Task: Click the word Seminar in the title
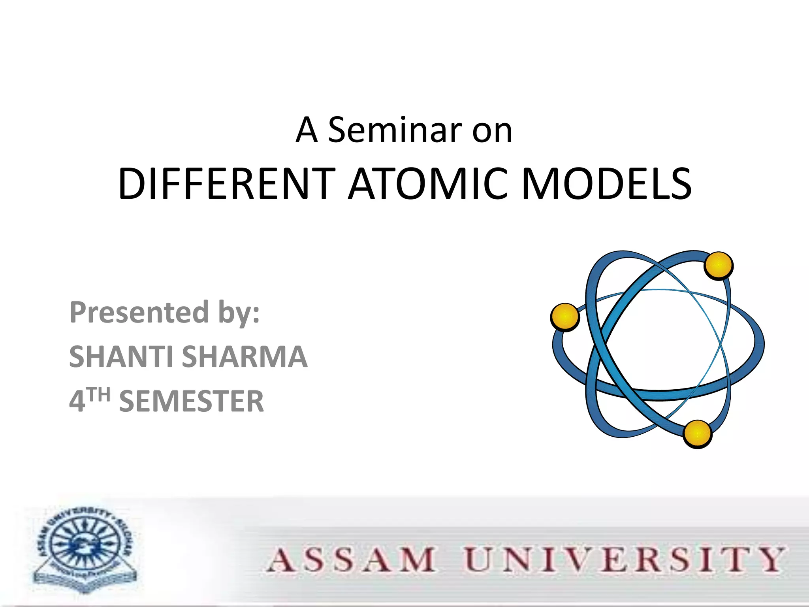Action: pos(395,130)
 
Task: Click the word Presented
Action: pos(139,312)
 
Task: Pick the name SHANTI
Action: pos(121,356)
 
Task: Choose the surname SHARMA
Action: pos(244,356)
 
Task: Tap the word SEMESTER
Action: pos(191,402)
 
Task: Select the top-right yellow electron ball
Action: pos(719,266)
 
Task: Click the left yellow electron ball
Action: pos(565,317)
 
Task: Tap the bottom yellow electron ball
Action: pos(698,434)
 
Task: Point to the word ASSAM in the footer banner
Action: pos(352,560)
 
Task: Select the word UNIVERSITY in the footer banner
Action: pos(624,560)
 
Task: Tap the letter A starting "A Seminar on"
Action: pos(307,130)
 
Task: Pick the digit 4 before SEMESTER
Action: pos(77,402)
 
